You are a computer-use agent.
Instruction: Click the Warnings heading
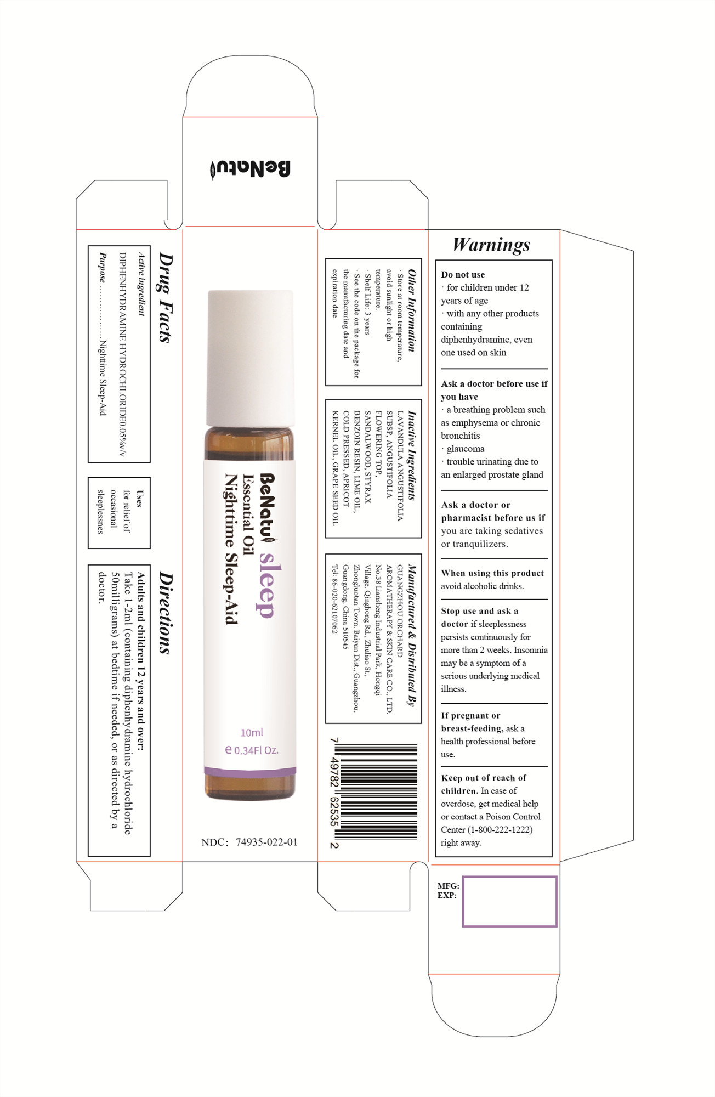tap(491, 245)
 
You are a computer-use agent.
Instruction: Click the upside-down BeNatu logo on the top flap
tap(250, 169)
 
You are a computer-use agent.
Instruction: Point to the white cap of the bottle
tap(250, 358)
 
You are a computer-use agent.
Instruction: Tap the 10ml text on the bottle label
tap(252, 732)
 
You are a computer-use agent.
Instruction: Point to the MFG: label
tap(448, 886)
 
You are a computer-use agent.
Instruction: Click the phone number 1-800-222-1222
tap(500, 830)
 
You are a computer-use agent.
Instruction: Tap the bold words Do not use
tap(463, 274)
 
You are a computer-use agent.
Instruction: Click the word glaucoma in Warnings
tap(466, 449)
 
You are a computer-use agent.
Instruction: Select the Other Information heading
tap(412, 310)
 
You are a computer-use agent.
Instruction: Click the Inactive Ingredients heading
tap(412, 456)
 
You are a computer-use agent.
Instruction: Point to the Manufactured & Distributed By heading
tap(412, 636)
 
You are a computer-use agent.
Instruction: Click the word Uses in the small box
tap(139, 499)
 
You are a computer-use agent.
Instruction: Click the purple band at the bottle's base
tap(250, 771)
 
